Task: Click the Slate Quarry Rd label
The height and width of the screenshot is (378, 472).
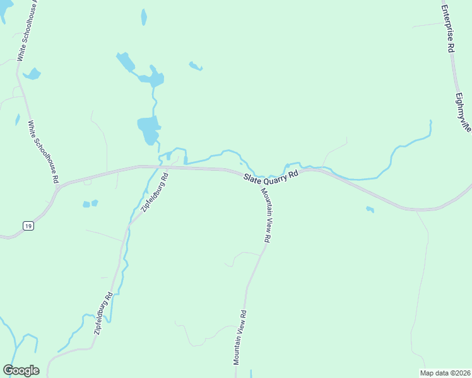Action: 271,175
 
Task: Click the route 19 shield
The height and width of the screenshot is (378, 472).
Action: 28,225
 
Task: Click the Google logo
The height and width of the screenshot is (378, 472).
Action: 21,370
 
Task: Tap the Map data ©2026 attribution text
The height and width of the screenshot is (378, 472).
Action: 445,373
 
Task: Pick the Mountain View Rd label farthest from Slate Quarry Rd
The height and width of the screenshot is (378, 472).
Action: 240,338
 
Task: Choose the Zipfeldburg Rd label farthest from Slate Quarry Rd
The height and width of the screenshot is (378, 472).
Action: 103,313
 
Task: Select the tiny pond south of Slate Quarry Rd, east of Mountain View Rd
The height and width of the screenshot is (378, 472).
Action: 370,209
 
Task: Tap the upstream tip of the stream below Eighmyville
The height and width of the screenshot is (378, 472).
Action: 431,121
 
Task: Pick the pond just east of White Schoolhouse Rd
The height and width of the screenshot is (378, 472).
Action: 32,74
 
